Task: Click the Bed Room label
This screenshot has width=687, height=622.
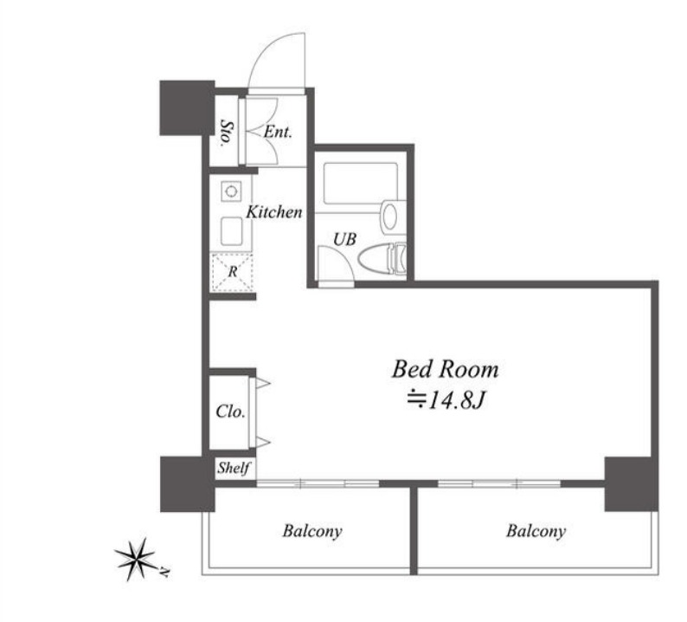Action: point(445,369)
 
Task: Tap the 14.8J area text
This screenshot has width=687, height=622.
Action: point(447,399)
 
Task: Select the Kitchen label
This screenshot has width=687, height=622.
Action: point(273,212)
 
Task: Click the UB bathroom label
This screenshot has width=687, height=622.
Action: point(345,239)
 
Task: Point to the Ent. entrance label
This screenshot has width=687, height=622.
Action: point(278,132)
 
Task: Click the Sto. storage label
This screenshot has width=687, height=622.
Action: point(226,132)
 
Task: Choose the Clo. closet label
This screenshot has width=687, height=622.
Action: point(230,411)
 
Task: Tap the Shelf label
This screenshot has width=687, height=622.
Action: point(234,468)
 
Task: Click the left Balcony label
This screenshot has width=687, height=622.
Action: point(312,531)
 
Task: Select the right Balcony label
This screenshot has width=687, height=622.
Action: point(536,531)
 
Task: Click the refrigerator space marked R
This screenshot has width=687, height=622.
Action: point(233,272)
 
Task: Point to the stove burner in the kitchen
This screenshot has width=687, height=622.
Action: point(231,191)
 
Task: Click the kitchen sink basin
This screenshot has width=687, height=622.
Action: point(231,231)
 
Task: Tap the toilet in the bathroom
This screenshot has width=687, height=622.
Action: point(382,259)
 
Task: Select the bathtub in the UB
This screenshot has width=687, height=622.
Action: point(361,184)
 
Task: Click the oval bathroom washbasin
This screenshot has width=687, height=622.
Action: point(389,217)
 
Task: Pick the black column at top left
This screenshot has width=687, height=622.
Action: point(187,108)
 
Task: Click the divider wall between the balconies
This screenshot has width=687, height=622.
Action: point(414,529)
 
